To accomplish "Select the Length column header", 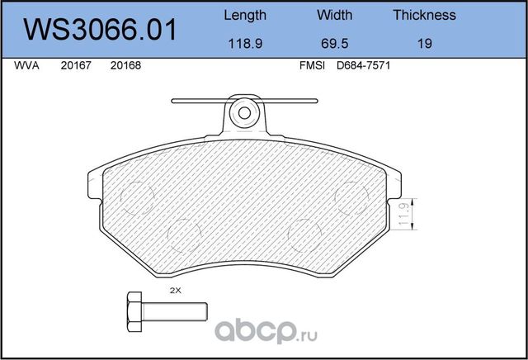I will [245, 15].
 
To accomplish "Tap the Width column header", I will [334, 15].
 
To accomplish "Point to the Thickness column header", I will [424, 15].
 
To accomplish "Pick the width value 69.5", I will [334, 45].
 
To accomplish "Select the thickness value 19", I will [424, 45].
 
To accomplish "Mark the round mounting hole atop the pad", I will [244, 111].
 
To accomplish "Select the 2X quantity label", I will [174, 291].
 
